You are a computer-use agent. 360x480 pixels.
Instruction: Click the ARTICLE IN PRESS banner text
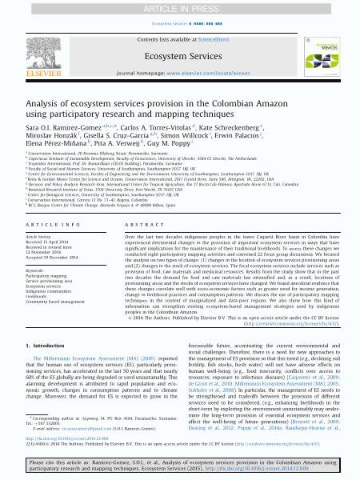179,8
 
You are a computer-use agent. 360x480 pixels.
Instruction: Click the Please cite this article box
180,466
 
